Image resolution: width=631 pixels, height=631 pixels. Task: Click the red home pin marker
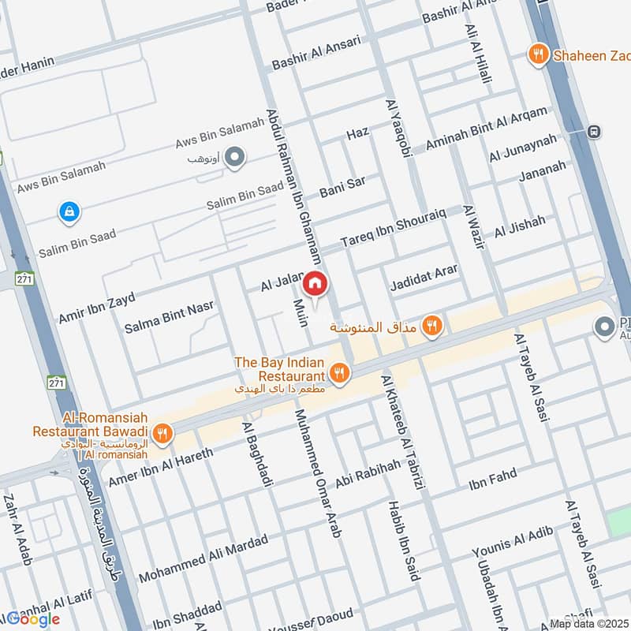pyautogui.click(x=315, y=283)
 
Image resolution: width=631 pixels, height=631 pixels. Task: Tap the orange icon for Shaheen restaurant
pyautogui.click(x=539, y=54)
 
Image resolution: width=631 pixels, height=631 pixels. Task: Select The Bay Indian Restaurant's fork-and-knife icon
pyautogui.click(x=340, y=373)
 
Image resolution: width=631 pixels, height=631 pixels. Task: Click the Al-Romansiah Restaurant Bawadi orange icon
pyautogui.click(x=162, y=431)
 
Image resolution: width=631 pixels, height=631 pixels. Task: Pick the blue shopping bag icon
pyautogui.click(x=69, y=211)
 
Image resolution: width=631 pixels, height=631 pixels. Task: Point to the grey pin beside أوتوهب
pyautogui.click(x=233, y=159)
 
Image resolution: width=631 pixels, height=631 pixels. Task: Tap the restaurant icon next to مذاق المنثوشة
pyautogui.click(x=431, y=325)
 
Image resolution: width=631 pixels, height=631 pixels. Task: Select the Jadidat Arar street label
pyautogui.click(x=424, y=278)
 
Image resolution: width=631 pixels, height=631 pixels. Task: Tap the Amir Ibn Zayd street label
pyautogui.click(x=96, y=307)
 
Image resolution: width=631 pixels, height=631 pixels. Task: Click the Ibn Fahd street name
pyautogui.click(x=492, y=479)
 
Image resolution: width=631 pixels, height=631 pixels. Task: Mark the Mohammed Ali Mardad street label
pyautogui.click(x=203, y=558)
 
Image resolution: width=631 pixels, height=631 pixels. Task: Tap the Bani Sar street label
pyautogui.click(x=342, y=187)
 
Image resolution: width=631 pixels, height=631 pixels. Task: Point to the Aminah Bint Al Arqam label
pyautogui.click(x=485, y=129)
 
